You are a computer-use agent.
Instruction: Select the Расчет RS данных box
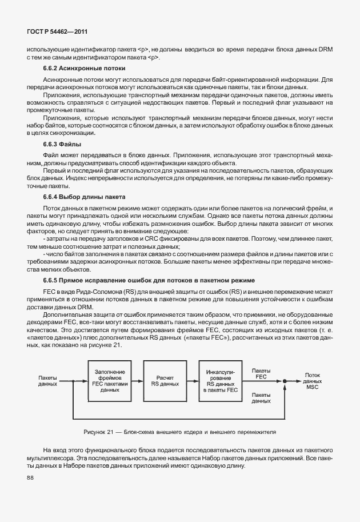(x=165, y=380)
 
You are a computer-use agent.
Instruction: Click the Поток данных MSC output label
(x=312, y=380)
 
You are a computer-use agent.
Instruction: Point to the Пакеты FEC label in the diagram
(x=261, y=373)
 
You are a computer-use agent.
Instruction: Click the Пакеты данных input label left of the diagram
(x=47, y=381)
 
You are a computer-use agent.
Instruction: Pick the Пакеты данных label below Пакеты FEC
(x=261, y=398)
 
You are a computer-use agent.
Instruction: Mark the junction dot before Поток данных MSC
(x=283, y=381)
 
